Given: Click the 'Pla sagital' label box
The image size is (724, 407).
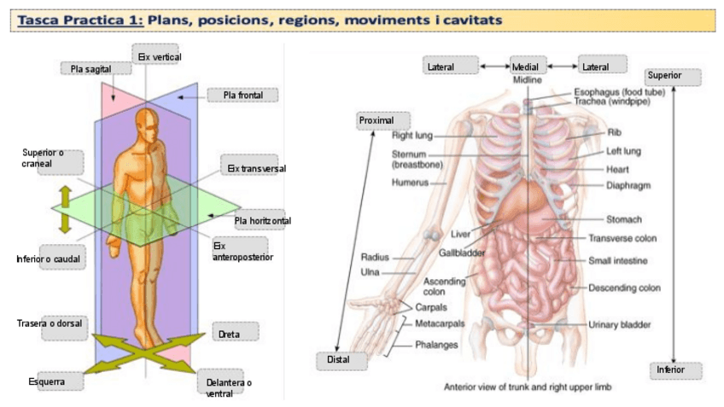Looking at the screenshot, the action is [x=85, y=68].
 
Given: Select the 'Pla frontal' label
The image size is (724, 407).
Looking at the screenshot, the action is [x=242, y=95].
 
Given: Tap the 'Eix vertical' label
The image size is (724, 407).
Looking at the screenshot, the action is [x=159, y=56].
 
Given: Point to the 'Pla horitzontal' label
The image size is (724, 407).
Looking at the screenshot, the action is [x=262, y=221].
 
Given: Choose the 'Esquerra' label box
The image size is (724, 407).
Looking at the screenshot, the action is [x=47, y=381].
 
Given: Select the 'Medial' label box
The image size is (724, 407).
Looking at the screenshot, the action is [x=528, y=66].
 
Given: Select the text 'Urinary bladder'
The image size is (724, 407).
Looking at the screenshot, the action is [x=619, y=325].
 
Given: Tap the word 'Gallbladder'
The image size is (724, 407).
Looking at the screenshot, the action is [x=462, y=253].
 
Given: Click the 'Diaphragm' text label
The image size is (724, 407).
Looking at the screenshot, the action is [x=628, y=185].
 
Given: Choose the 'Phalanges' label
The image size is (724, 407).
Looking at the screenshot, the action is [x=436, y=345].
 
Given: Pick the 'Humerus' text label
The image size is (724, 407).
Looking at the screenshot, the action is [x=411, y=182].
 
